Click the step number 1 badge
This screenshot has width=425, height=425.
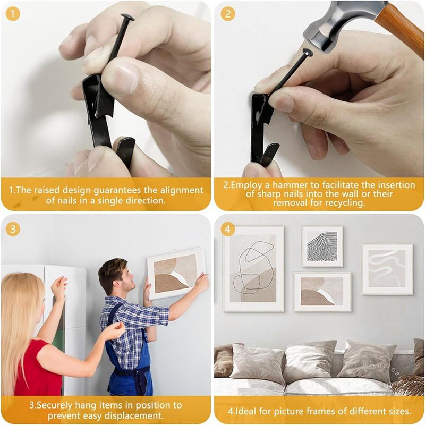click(12, 12)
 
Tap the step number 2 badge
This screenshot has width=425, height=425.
click(227, 13)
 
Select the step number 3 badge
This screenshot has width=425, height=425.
click(12, 229)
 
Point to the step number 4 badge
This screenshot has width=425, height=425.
click(227, 229)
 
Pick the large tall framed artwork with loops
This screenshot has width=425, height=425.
click(253, 268)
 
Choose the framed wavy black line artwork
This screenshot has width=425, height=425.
click(322, 246)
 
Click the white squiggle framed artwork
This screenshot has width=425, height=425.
click(387, 269)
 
